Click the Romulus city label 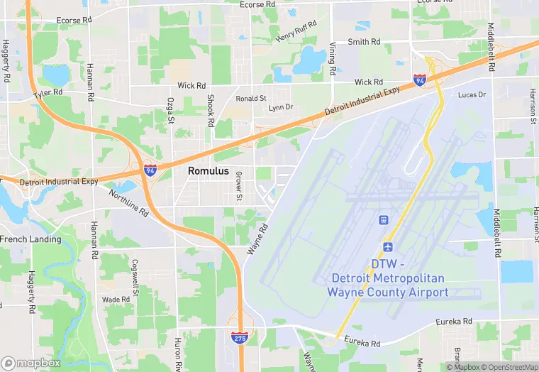pos(209,171)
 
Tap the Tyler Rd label pos(48,93)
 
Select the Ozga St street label pos(170,110)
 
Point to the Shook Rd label pos(211,111)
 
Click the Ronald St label pos(251,99)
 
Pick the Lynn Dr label pos(280,108)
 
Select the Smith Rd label pos(365,42)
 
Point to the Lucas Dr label pos(472,94)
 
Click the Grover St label pos(239,185)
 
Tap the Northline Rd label pos(128,202)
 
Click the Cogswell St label pos(135,274)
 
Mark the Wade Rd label pos(115,300)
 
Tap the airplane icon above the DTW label pos(388,246)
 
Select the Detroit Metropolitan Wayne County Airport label pos(388,278)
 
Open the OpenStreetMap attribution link pos(509,367)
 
